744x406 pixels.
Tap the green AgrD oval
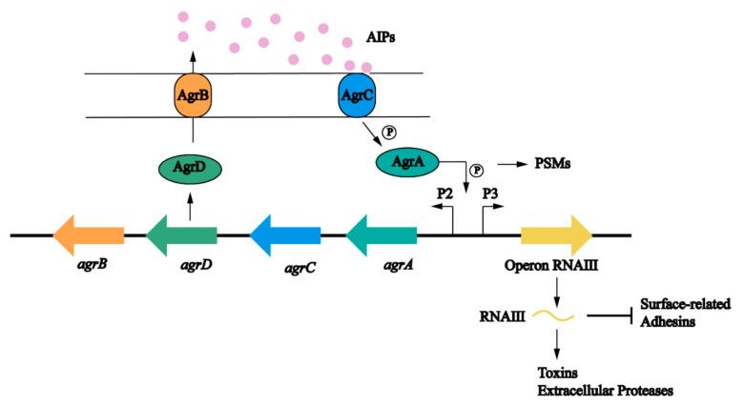click(x=190, y=169)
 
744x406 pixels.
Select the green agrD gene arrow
click(x=182, y=233)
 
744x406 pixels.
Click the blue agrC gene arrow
click(x=285, y=233)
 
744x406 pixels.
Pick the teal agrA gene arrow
click(x=381, y=233)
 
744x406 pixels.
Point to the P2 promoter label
click(x=444, y=193)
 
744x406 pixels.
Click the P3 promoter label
click(x=492, y=193)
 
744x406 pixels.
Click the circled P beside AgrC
click(x=387, y=132)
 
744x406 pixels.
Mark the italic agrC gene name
click(x=300, y=269)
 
